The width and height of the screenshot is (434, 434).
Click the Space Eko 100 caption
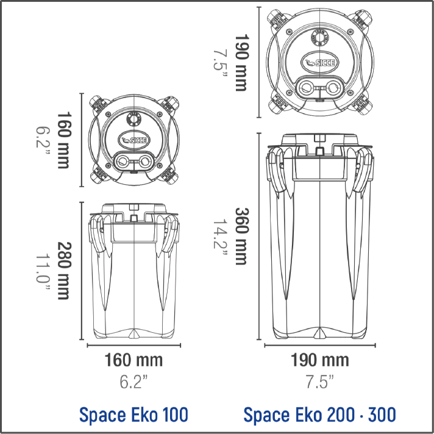tap(133, 414)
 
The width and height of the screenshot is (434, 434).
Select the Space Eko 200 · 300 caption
tap(319, 414)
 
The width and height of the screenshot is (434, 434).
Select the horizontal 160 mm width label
tap(133, 360)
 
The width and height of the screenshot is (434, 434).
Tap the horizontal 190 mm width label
tap(319, 360)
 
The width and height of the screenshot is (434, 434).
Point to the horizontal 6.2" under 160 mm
tap(133, 382)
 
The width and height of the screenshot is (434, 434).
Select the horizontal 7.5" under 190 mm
tap(319, 382)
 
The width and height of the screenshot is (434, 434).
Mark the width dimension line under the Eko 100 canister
tap(133, 345)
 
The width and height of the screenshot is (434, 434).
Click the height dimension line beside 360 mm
tap(259, 238)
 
